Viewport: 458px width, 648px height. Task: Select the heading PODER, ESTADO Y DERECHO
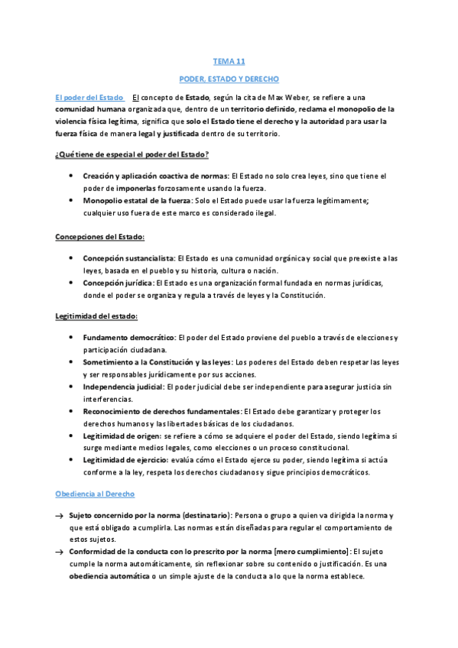click(229, 79)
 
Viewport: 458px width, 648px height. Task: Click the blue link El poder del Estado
click(89, 97)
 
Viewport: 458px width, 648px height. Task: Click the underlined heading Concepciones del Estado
click(99, 237)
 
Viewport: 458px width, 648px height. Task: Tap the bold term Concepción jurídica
click(118, 283)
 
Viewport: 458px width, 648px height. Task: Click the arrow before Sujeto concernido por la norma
click(59, 516)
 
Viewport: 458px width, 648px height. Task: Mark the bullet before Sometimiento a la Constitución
click(71, 362)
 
